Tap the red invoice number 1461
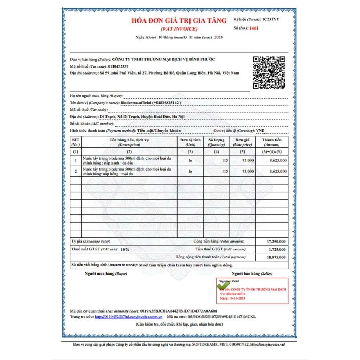pos(253,28)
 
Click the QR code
pos(269,72)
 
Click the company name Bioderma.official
pos(136,103)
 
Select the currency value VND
pos(261,131)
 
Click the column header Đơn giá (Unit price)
pos(242,142)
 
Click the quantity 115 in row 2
pos(225,171)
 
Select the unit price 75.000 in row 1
pos(248,161)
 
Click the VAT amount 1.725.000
pos(277,249)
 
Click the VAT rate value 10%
pos(125,249)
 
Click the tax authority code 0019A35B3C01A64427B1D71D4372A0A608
pos(178,311)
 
